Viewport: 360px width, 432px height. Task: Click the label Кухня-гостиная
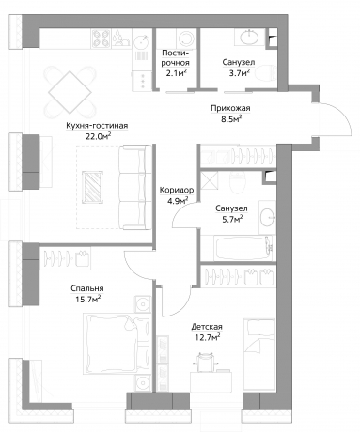92,125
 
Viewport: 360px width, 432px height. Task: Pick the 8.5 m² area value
229,119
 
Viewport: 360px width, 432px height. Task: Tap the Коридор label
178,188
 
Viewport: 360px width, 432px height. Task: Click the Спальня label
86,288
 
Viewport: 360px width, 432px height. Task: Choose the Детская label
204,326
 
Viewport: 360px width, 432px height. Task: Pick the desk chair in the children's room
206,361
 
